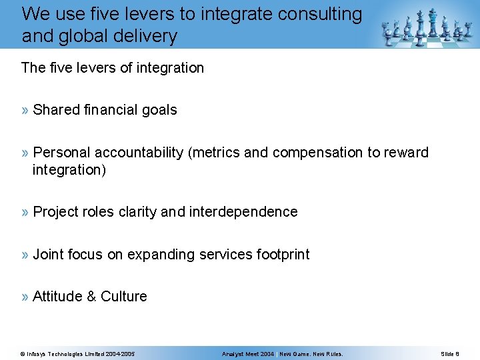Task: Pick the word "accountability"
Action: [141, 153]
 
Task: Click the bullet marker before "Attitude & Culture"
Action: [25, 297]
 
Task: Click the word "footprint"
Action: [283, 255]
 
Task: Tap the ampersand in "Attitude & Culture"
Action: [92, 297]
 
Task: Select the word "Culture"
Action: [124, 297]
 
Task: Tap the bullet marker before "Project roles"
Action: [25, 212]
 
